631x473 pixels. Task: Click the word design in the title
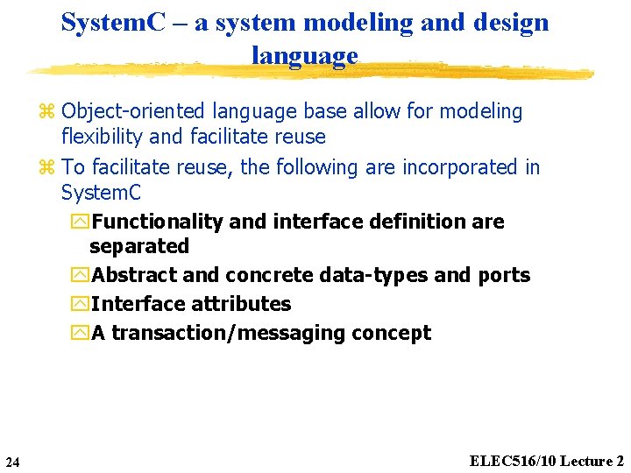[x=507, y=23]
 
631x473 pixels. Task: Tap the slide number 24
[x=12, y=462]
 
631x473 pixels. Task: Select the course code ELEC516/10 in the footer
[x=513, y=461]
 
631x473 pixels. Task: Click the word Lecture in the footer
[x=586, y=461]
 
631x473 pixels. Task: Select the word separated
[x=139, y=246]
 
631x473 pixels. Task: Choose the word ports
[x=504, y=275]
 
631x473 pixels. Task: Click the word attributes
[x=240, y=304]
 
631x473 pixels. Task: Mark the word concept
[x=391, y=333]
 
